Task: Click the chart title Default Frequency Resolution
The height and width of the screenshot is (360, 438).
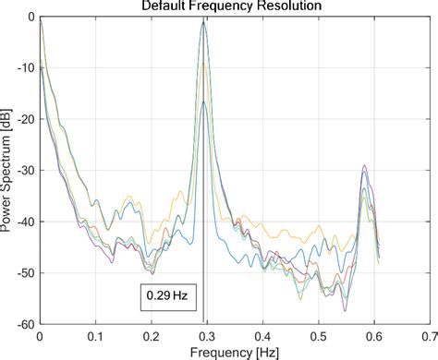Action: pos(231,6)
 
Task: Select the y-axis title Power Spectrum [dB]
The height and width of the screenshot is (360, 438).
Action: pos(8,171)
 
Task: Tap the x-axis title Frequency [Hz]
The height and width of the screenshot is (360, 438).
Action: pos(233,353)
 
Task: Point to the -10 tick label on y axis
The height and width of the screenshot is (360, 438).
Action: pos(24,68)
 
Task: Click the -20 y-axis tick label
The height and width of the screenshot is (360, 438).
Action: pos(24,120)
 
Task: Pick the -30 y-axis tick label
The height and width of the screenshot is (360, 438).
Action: pos(24,171)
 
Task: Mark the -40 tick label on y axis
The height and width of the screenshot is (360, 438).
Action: pos(24,222)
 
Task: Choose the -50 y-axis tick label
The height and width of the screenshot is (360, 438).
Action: pos(24,273)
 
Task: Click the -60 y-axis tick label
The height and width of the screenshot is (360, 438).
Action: pos(24,325)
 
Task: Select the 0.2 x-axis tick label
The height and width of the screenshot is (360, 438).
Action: pos(150,338)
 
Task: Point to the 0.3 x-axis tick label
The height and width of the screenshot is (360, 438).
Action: pos(205,338)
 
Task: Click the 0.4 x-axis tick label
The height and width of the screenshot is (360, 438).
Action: pos(262,338)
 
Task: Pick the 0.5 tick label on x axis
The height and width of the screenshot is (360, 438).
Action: pos(317,338)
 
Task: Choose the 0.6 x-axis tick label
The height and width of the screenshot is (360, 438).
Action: pos(372,338)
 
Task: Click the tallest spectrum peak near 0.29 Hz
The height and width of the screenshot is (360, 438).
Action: pos(203,21)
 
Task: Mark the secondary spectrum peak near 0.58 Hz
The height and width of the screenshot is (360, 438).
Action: pos(365,167)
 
